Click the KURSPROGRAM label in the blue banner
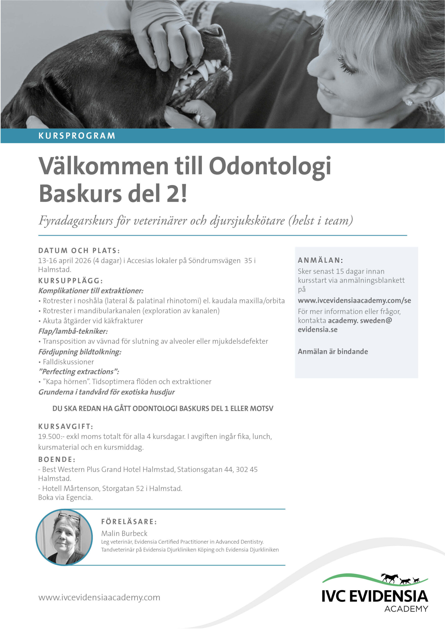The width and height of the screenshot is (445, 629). pos(77,136)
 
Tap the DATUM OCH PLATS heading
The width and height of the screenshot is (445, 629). pos(79,250)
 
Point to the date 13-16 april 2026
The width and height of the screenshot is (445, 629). pos(65,260)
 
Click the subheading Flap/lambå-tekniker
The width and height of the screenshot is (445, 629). pos(73,331)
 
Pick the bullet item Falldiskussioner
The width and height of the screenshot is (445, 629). pos(68,362)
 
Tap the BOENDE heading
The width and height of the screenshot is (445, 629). pos(57,459)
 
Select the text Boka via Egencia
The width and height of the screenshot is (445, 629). pos(65,498)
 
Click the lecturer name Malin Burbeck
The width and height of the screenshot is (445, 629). pos(124,533)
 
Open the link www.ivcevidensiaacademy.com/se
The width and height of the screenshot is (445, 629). pos(354,300)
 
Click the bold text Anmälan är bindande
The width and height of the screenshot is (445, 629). pos(333,352)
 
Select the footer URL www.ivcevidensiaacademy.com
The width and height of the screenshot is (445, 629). pos(99,598)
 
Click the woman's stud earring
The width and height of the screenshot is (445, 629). pos(409,102)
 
